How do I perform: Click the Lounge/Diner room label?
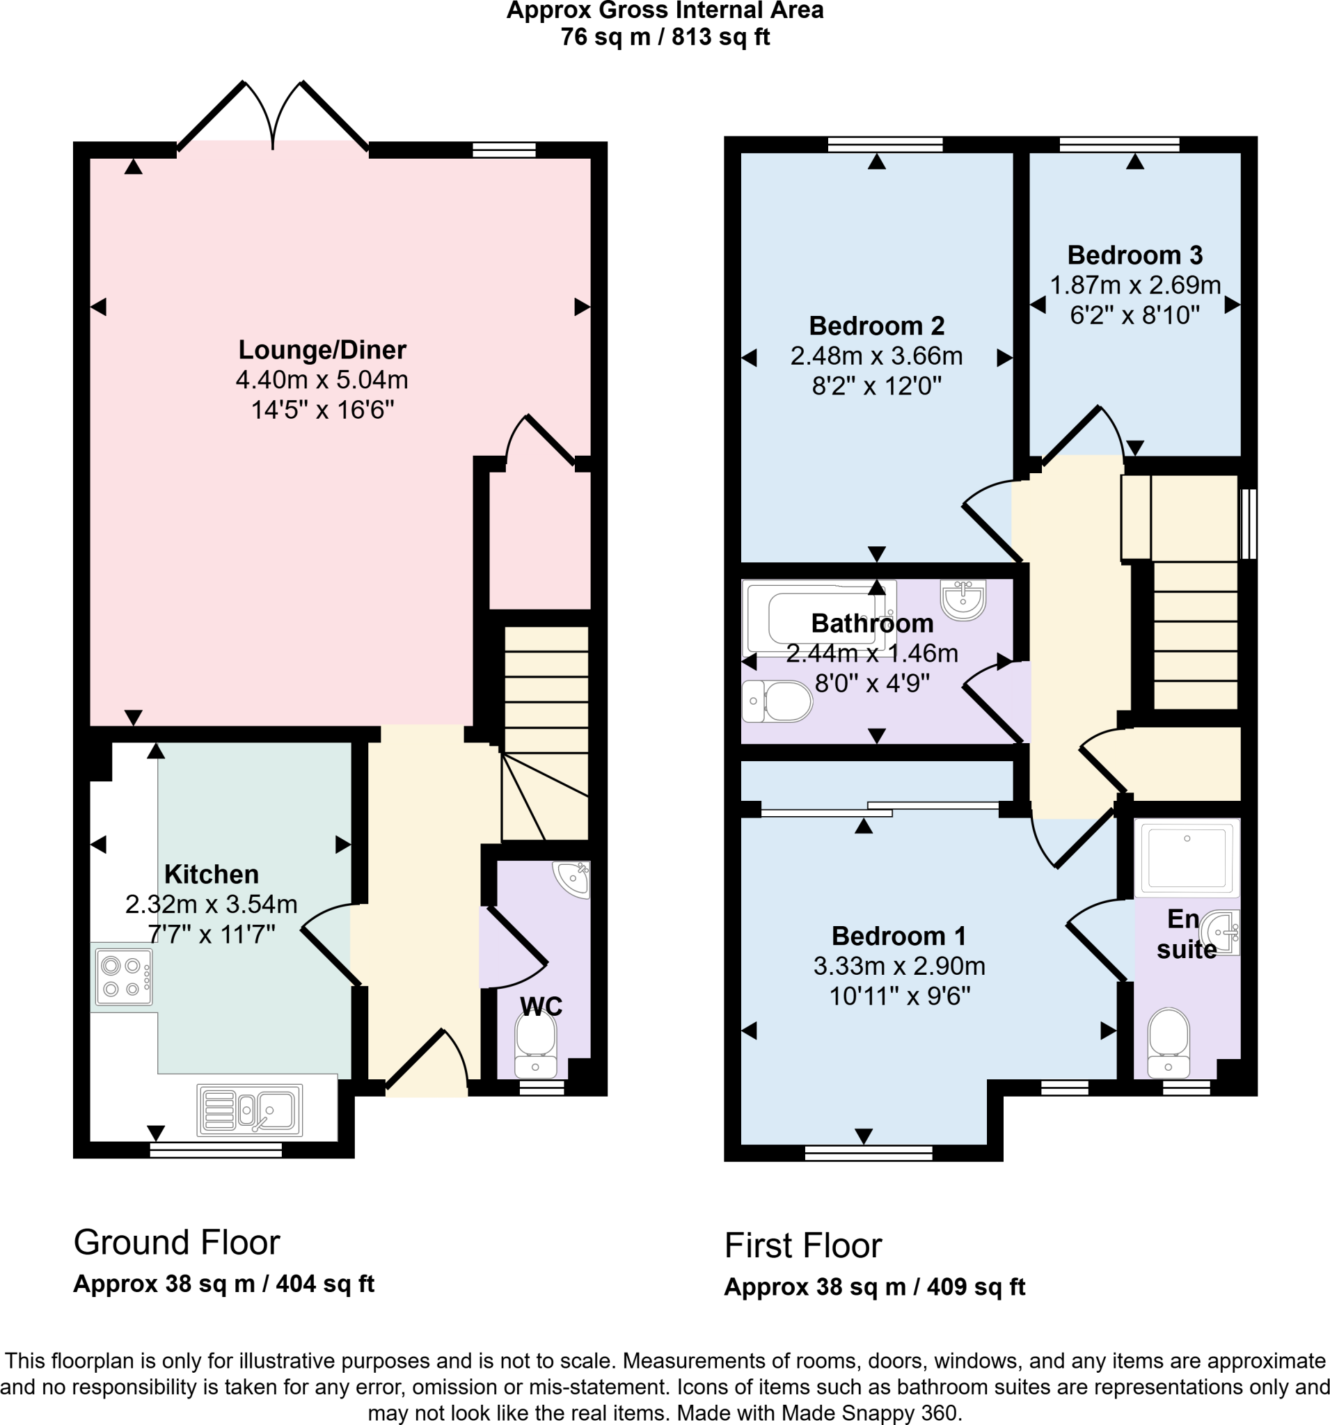coord(322,350)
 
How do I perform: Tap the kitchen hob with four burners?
coord(122,977)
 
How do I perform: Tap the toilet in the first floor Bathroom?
coord(777,701)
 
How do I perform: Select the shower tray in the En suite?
coord(1187,858)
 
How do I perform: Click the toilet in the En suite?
coord(1169,1042)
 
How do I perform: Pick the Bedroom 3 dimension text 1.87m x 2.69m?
coord(1135,285)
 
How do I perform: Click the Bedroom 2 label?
coord(876,326)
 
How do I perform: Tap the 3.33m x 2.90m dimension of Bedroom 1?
coord(899,966)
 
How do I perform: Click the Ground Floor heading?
coord(176,1242)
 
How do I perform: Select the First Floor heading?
coord(802,1245)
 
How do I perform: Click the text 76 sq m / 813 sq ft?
coord(665,38)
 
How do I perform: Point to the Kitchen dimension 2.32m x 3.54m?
coord(212,905)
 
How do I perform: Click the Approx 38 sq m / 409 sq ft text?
coord(874,1287)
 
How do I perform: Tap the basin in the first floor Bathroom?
coord(963,599)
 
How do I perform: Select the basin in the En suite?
coord(1221,932)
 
